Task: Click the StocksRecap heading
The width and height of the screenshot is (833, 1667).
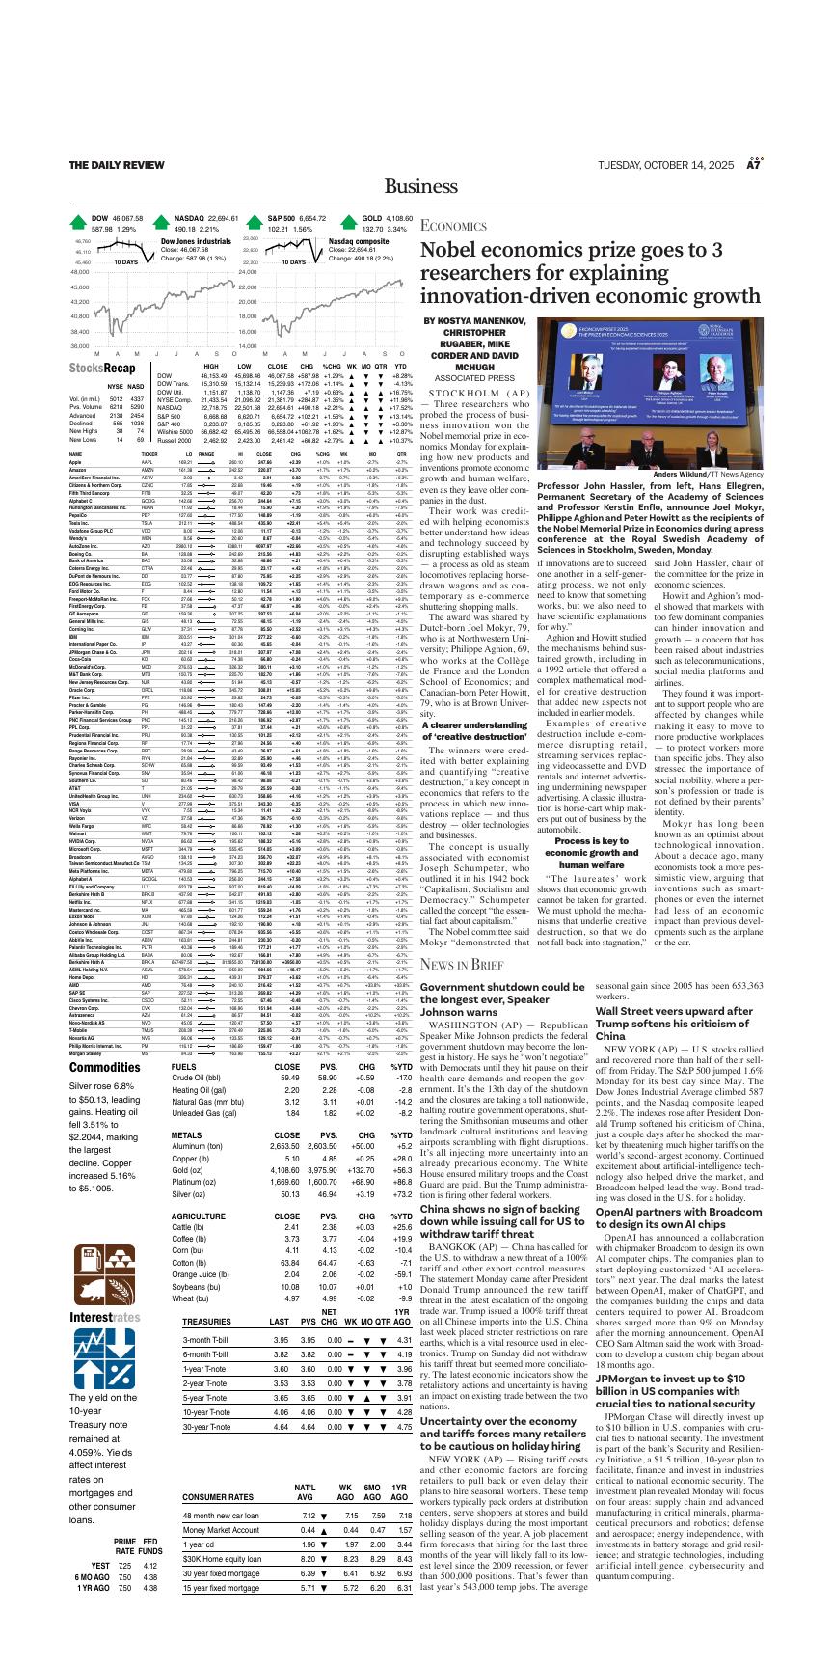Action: pos(102,369)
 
